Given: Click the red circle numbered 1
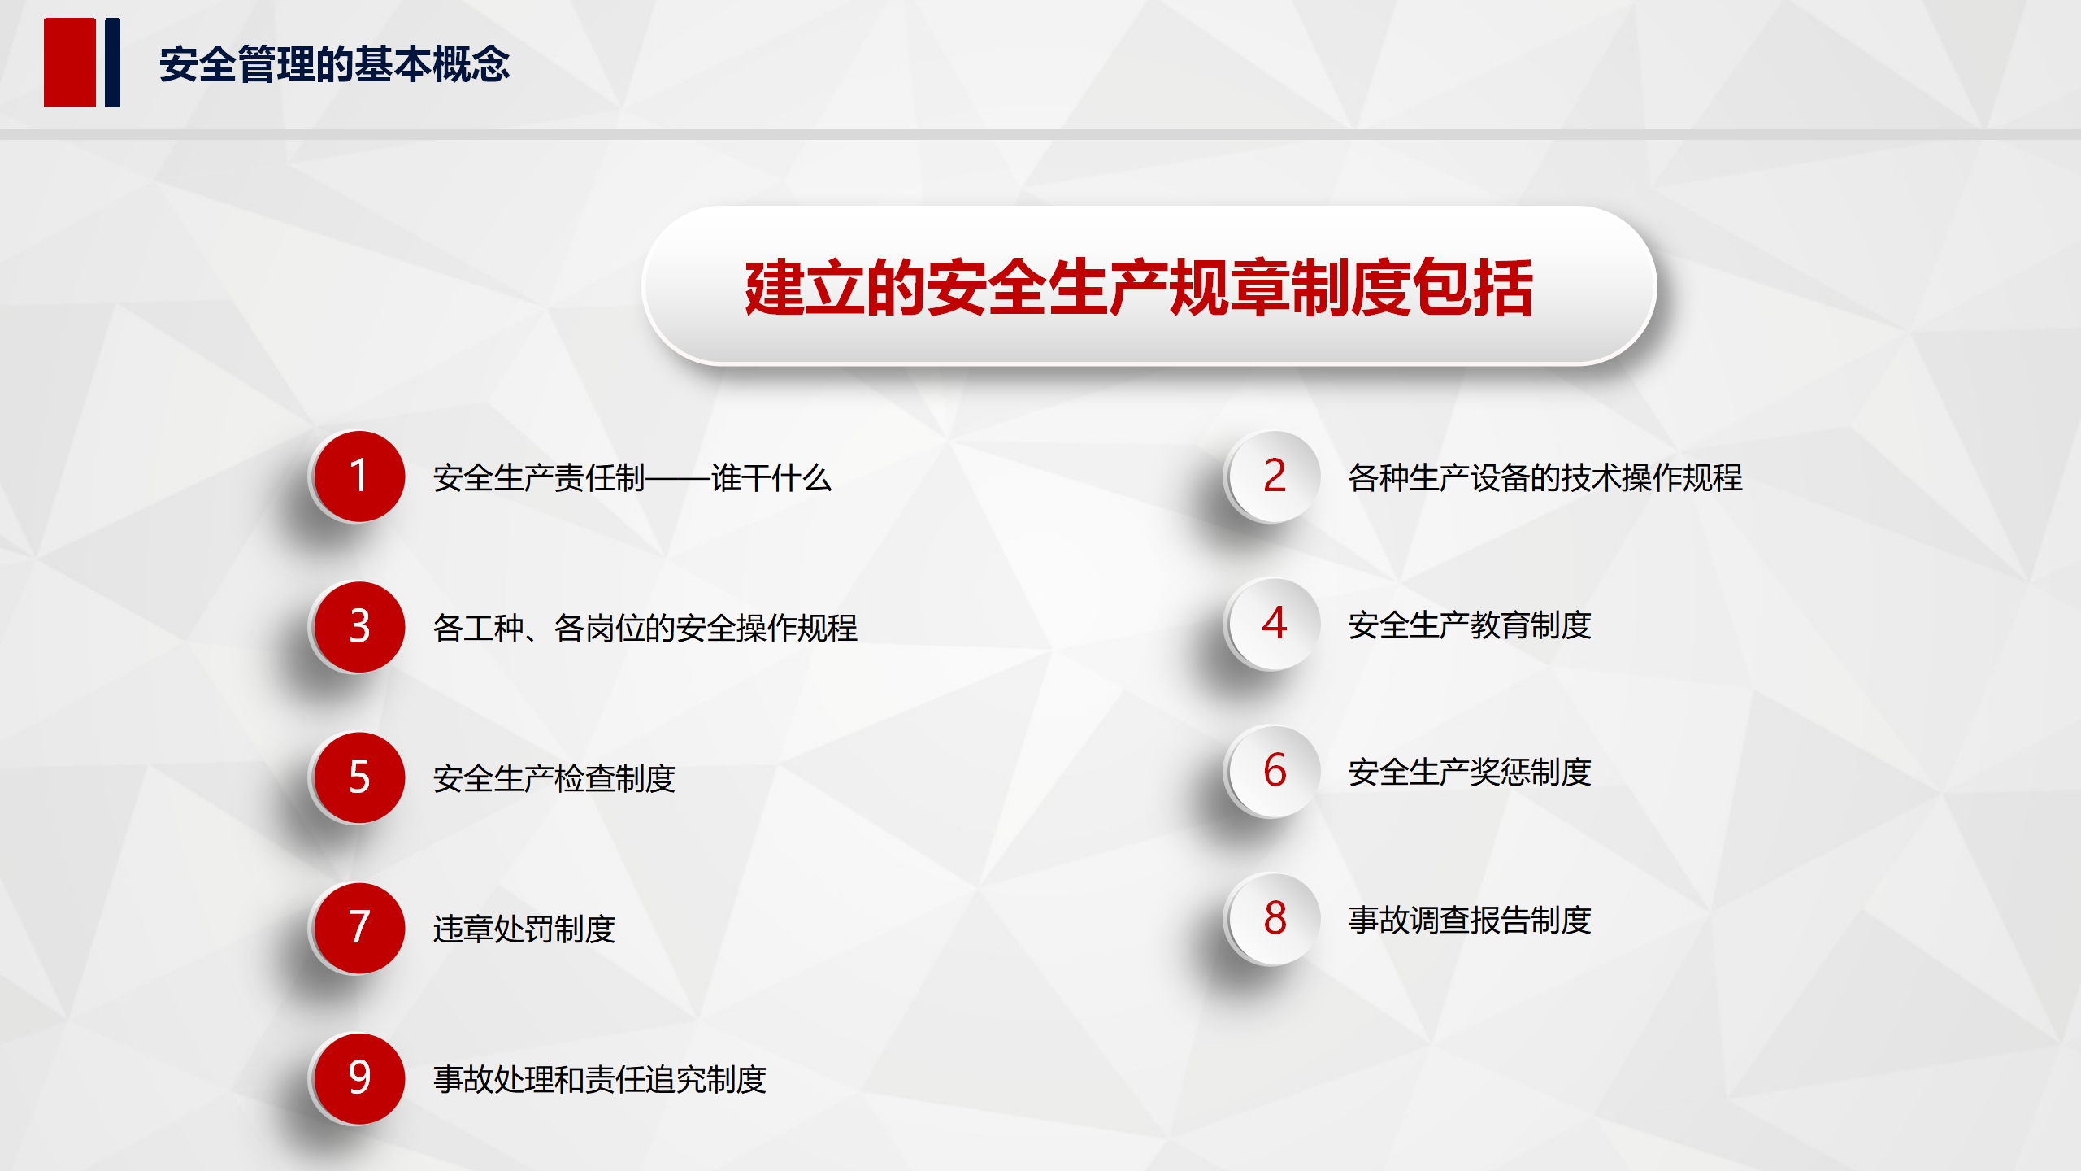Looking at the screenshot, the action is [359, 477].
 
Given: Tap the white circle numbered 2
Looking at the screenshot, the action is [1275, 477].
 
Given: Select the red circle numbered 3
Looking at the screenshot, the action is [359, 627].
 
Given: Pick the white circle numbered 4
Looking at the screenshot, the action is [1275, 624].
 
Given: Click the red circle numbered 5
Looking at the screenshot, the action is [359, 777].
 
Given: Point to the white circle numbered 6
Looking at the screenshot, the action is [1275, 771].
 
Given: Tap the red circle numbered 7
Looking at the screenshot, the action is [359, 928].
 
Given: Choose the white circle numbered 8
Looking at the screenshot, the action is [1275, 919].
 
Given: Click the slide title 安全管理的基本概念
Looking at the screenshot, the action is [334, 64].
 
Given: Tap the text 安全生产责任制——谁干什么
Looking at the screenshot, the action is [632, 477].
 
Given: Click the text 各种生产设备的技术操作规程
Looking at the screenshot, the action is [1545, 477].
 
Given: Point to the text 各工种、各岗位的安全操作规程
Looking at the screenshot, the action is [645, 628].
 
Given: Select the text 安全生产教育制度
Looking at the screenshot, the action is [1470, 625].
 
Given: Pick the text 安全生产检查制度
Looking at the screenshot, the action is [554, 778].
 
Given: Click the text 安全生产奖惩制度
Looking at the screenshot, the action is [1470, 772].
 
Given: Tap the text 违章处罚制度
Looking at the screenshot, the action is [524, 929].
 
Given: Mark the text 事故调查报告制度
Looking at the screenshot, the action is [1470, 920].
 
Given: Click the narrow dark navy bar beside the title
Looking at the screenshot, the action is [112, 63].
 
